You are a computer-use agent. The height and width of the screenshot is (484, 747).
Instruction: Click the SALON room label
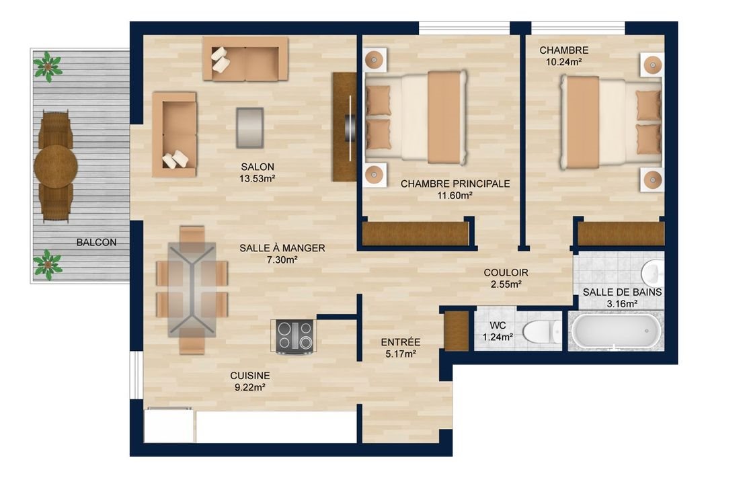pos(258,167)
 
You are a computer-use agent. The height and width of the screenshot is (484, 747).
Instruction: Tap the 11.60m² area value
pos(455,196)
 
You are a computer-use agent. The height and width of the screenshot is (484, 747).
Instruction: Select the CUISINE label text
pos(249,376)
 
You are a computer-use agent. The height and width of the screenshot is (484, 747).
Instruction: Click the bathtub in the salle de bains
pos(616,331)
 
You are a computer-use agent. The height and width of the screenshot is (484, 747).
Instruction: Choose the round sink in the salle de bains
pos(651,273)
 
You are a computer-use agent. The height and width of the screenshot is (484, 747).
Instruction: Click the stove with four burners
pos(294,335)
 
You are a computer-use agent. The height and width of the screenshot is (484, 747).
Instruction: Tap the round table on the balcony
pos(56,166)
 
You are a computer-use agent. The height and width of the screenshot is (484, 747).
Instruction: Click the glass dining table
pos(192,290)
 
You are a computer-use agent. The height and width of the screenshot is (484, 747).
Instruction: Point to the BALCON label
pos(96,243)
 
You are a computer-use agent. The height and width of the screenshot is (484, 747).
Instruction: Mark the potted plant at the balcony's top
pos(48,67)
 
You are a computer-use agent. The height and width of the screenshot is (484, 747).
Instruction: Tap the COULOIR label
pos(506,272)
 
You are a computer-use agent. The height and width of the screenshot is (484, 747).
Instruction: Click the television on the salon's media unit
pos(350,127)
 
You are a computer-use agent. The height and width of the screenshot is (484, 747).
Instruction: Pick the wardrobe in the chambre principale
pos(415,233)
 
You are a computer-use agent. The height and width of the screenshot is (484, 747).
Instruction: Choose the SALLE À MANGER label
pos(282,248)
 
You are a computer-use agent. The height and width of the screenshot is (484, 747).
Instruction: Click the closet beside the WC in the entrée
pos(457,330)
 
